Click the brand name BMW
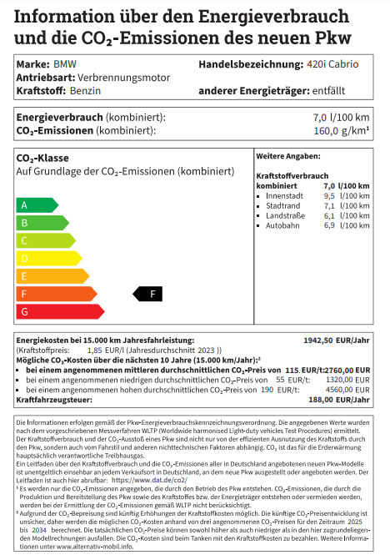click(x=63, y=64)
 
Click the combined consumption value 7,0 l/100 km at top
click(x=341, y=118)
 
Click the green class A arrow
click(x=37, y=205)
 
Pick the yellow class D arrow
click(x=48, y=258)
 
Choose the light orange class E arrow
click(x=52, y=275)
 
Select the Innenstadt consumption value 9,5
click(x=328, y=194)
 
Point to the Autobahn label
click(x=282, y=225)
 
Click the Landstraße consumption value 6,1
click(x=328, y=215)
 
